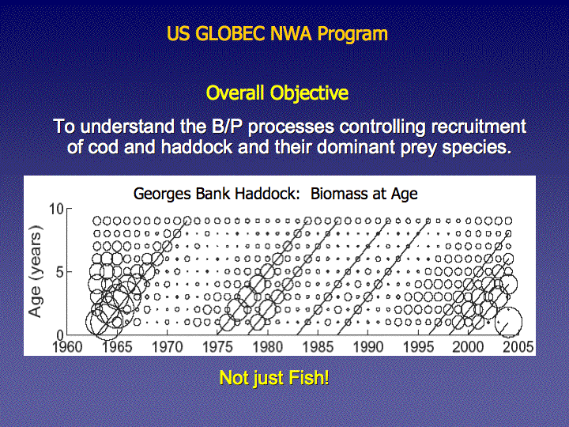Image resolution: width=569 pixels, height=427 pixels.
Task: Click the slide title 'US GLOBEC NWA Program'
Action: [x=277, y=34]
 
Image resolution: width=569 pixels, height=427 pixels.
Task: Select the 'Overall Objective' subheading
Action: [x=277, y=93]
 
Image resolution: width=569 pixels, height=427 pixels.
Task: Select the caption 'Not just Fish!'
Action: [x=274, y=378]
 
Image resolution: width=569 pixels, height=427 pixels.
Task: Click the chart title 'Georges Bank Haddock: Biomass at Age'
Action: [x=276, y=194]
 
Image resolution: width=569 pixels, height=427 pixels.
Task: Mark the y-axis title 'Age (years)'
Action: [x=36, y=271]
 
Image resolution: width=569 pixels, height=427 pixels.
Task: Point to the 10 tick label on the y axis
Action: [x=56, y=209]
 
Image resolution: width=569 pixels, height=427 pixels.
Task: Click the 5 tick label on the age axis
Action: [x=60, y=272]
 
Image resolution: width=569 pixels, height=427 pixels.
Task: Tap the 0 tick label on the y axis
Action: [x=60, y=334]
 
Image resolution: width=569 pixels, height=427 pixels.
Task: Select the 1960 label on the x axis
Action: [x=67, y=347]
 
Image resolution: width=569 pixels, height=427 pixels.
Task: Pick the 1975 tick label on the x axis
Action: [x=217, y=347]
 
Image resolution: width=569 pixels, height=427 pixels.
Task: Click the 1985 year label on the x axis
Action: [x=318, y=347]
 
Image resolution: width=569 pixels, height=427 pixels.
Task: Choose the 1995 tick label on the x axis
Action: [x=418, y=347]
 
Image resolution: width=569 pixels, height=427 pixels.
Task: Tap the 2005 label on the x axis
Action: [x=518, y=347]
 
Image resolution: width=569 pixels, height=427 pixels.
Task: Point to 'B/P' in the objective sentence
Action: [x=227, y=127]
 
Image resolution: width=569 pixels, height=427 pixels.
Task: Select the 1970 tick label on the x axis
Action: [x=167, y=347]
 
